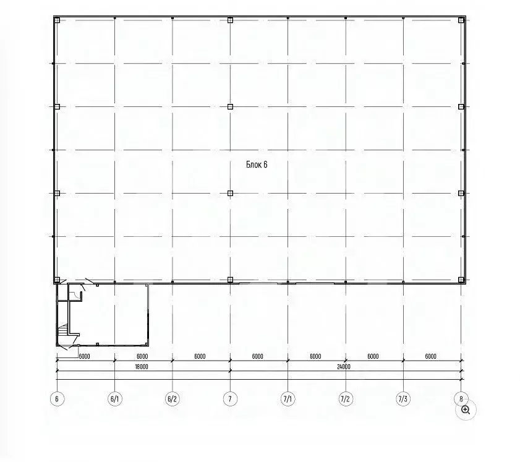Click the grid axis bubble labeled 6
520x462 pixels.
coord(57,399)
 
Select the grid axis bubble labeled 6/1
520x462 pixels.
coord(115,399)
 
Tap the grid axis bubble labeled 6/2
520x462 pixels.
coord(173,399)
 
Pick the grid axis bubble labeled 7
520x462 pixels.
coord(230,399)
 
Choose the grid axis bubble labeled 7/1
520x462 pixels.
coord(288,399)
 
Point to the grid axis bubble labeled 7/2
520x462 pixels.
coord(346,399)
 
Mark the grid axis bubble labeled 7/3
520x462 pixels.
coord(403,399)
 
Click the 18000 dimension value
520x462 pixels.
coord(142,367)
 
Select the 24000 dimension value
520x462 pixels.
coord(344,367)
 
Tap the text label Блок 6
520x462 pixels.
coord(257,165)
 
